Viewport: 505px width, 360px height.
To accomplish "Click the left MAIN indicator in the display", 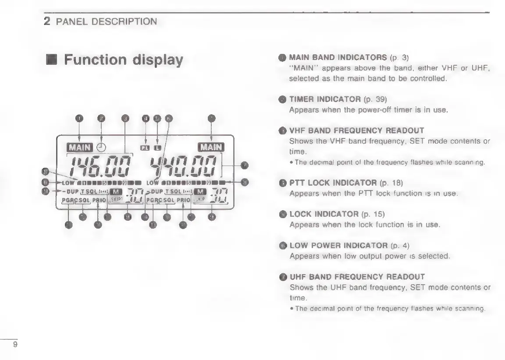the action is (x=78, y=147).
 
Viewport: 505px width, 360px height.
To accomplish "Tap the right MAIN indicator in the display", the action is (x=211, y=147).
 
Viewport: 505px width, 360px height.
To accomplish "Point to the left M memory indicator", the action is (x=116, y=192).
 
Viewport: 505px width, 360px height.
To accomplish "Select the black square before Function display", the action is (x=52, y=60).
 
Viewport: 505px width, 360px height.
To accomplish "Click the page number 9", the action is (x=15, y=345).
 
